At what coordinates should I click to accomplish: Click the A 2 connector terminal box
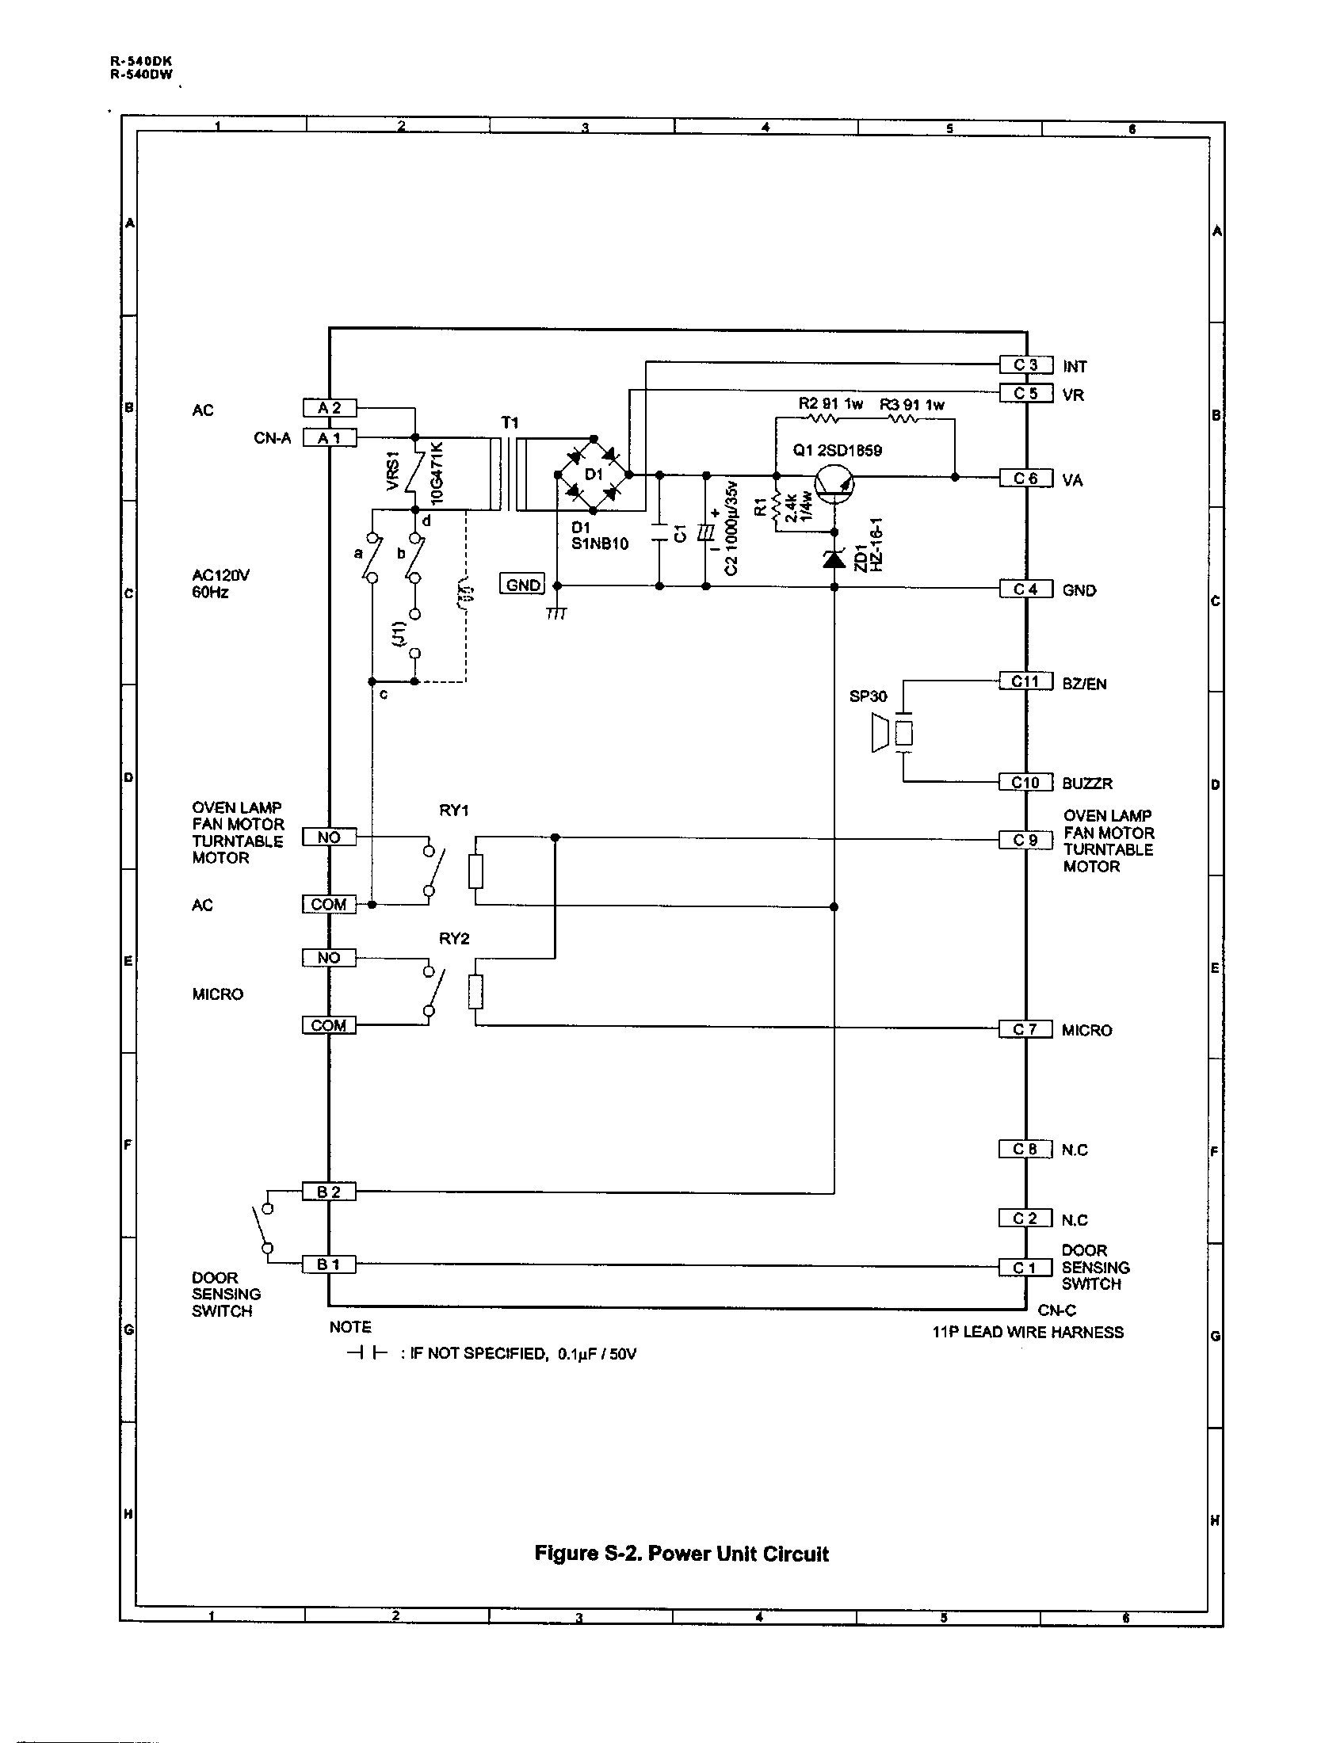click(330, 408)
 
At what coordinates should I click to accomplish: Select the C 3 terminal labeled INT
click(1025, 364)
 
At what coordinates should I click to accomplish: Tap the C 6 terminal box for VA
click(1025, 478)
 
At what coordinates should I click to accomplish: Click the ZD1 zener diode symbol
click(834, 559)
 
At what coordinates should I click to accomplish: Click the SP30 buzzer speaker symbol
click(890, 733)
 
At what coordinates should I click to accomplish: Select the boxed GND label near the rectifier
click(523, 584)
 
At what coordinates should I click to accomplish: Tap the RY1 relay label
click(454, 810)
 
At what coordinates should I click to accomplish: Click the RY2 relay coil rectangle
click(475, 992)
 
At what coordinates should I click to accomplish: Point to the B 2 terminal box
click(329, 1192)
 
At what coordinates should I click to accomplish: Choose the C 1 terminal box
click(1025, 1268)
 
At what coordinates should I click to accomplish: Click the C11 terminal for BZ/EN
click(1025, 681)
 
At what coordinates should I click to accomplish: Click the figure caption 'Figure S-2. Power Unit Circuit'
click(681, 1554)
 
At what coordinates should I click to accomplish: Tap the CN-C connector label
click(1056, 1310)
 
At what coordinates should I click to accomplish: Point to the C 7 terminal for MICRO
click(1025, 1029)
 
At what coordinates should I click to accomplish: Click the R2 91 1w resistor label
click(830, 404)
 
